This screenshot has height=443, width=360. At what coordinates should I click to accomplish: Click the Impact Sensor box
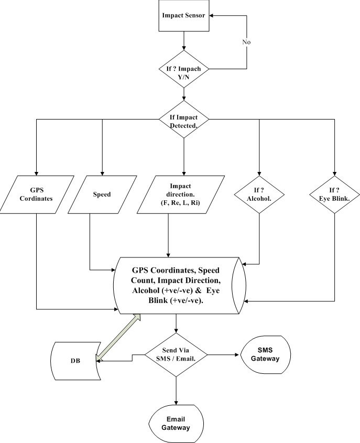tap(184, 16)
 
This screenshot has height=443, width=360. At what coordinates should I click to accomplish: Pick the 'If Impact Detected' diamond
tap(184, 119)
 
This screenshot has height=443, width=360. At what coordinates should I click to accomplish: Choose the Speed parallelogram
tap(102, 194)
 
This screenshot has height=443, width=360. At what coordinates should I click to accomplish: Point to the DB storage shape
tap(73, 362)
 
